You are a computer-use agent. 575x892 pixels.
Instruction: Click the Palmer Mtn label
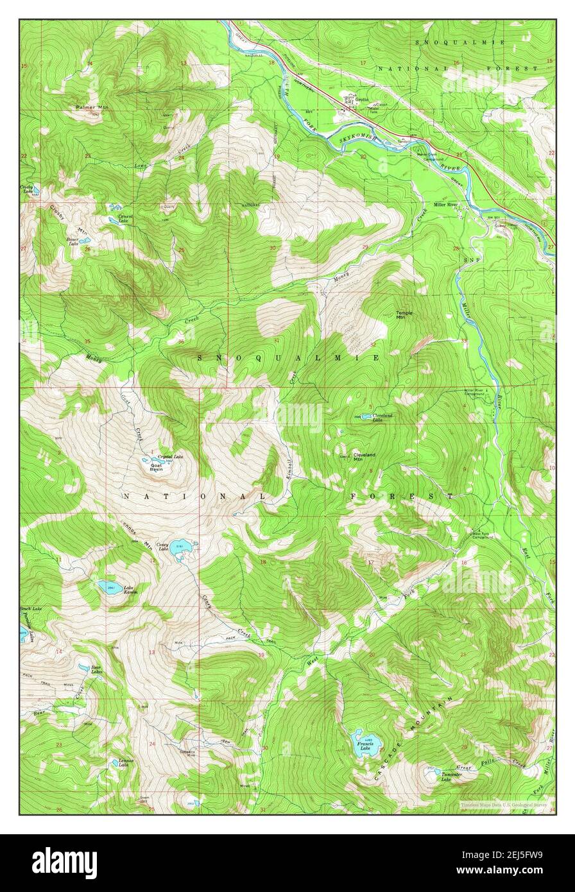click(91, 107)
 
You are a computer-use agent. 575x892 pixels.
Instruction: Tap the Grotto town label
click(365, 101)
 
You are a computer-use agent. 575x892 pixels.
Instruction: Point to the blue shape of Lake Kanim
click(110, 586)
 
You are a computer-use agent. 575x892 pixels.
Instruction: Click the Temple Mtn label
click(404, 315)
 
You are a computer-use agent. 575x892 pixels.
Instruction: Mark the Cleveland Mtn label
click(364, 458)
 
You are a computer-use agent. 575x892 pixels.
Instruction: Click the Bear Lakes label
click(96, 670)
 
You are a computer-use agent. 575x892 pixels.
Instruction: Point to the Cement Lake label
click(125, 218)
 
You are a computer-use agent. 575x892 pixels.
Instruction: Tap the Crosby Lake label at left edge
click(26, 189)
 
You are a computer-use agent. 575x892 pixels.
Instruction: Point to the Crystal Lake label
click(170, 456)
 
